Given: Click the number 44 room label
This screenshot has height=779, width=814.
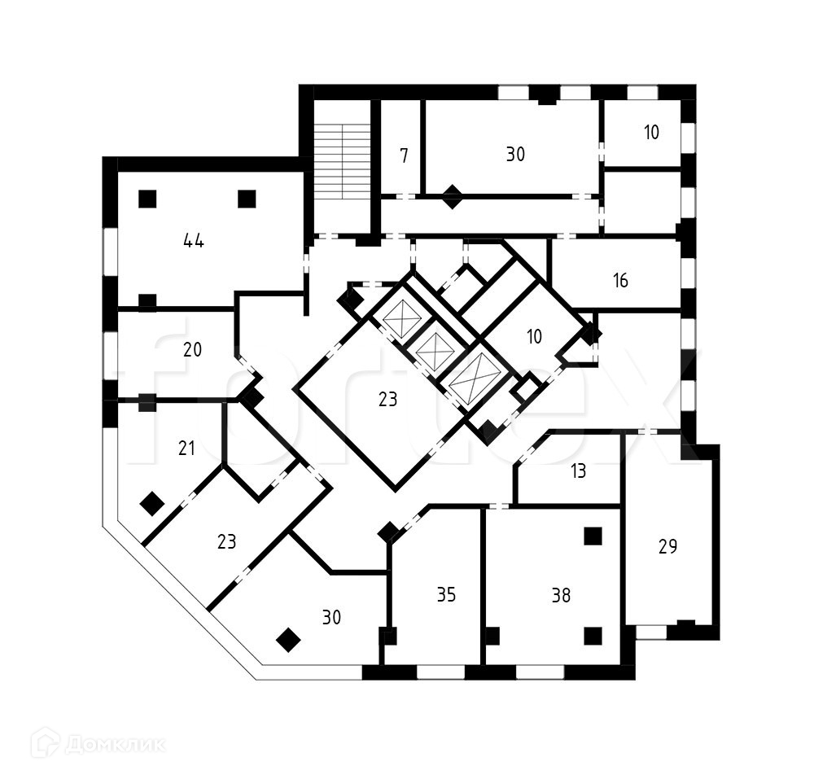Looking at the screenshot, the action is [x=193, y=240].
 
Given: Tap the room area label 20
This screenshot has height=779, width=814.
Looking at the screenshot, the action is [x=192, y=350].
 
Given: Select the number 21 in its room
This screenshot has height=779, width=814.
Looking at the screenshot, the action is [x=186, y=448].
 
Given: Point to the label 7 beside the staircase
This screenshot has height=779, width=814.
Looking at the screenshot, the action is [x=405, y=155].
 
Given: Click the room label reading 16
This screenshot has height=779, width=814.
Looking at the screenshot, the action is [x=620, y=281].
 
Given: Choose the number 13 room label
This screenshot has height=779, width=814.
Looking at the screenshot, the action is [x=578, y=471].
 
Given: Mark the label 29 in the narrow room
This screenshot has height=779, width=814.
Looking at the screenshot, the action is [x=667, y=546].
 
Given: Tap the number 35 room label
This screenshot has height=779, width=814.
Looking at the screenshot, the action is [x=445, y=595].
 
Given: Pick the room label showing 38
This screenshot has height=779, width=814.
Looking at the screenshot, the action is [x=560, y=595].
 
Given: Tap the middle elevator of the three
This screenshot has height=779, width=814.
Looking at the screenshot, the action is [x=435, y=349].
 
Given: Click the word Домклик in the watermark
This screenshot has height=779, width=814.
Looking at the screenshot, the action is [x=115, y=743].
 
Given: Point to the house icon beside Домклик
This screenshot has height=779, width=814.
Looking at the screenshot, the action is [x=45, y=742].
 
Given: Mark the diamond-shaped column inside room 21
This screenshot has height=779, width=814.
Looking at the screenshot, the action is [x=151, y=504].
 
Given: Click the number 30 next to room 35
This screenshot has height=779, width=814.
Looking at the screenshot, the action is [x=330, y=618].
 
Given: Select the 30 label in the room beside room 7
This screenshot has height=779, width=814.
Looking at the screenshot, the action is [x=514, y=155].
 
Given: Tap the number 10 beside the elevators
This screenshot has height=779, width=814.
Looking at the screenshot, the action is [x=534, y=335].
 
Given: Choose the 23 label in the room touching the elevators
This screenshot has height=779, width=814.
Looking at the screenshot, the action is [x=387, y=400].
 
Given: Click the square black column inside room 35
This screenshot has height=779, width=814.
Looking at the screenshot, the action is [x=388, y=636].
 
